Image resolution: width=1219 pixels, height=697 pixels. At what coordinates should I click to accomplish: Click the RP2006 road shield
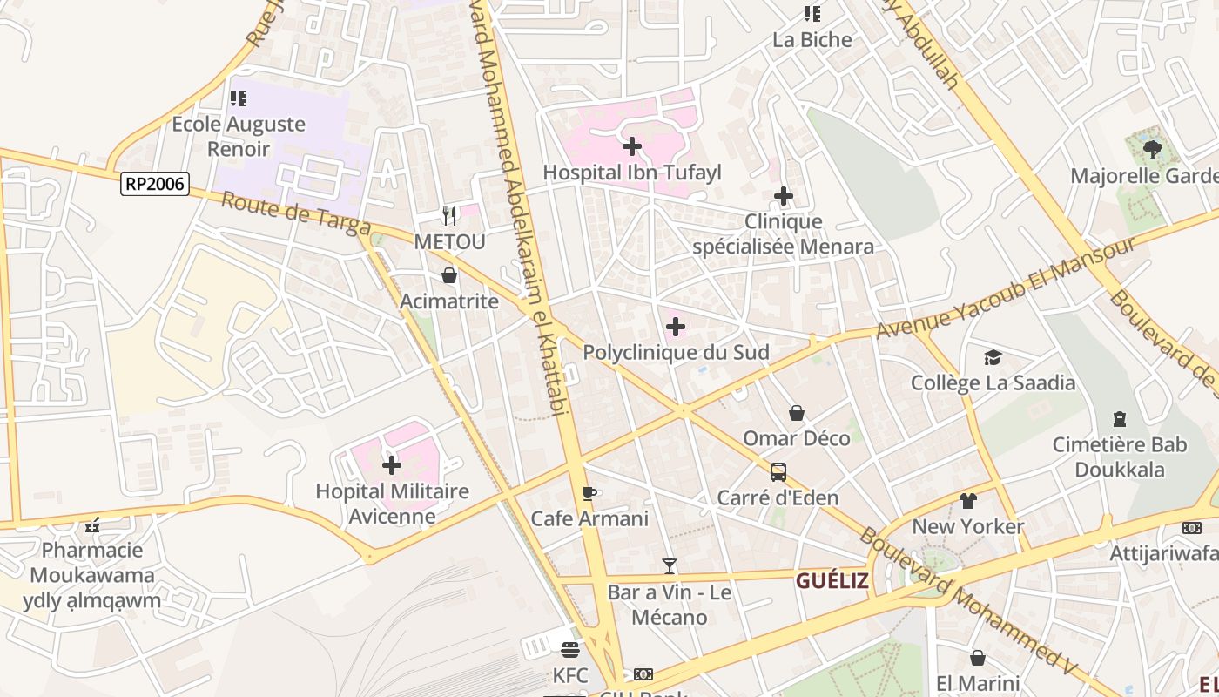[155, 183]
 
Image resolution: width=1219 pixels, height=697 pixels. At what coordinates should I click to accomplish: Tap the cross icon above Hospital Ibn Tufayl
[632, 146]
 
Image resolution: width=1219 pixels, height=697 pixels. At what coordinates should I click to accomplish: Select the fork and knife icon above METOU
[449, 215]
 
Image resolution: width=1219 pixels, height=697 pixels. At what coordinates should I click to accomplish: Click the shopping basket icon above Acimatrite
[449, 276]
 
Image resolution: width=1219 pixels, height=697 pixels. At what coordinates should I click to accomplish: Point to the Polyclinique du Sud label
[676, 353]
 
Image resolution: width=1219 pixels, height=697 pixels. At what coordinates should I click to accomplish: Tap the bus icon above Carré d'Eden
[778, 472]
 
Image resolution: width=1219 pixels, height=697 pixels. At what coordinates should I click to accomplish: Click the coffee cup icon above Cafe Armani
[589, 493]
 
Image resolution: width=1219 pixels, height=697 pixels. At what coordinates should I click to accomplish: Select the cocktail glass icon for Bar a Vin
[669, 566]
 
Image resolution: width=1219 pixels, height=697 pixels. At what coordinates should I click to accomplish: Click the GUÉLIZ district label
[832, 581]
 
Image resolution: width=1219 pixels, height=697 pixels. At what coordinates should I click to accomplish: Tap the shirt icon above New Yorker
[968, 501]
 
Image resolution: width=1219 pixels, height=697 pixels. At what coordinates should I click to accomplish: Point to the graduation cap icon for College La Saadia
[993, 357]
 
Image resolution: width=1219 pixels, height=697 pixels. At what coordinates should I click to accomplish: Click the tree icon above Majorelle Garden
[1153, 150]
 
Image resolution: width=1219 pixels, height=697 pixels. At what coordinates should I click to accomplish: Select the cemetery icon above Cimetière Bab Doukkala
[1119, 419]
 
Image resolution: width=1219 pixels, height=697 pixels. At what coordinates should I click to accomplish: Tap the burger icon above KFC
[570, 650]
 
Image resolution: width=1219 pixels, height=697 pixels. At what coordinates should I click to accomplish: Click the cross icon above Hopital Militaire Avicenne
[392, 465]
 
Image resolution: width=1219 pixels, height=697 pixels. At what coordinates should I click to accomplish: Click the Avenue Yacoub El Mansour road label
[1006, 288]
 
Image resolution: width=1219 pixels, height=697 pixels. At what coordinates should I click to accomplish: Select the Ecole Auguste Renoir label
[239, 136]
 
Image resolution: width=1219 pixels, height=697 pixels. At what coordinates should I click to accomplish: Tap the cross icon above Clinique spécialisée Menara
[784, 196]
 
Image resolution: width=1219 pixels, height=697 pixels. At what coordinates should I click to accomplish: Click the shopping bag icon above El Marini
[978, 657]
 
